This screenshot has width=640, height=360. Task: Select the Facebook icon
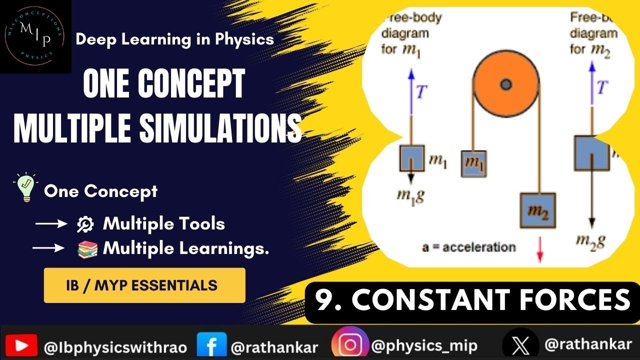pyautogui.click(x=211, y=345)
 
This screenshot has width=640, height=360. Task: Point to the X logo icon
pyautogui.click(x=520, y=345)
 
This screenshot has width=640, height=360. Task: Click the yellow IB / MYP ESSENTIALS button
pyautogui.click(x=144, y=285)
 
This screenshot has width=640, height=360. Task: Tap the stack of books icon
pyautogui.click(x=87, y=249)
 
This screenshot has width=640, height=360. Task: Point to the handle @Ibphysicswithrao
pyautogui.click(x=115, y=346)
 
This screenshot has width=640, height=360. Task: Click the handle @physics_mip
pyautogui.click(x=424, y=345)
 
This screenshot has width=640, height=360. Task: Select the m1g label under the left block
pyautogui.click(x=410, y=195)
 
